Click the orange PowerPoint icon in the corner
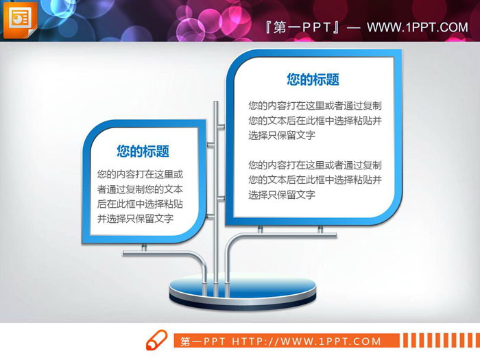[20, 21]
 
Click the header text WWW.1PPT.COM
[417, 27]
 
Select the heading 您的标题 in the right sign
[313, 80]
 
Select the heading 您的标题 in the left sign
[143, 152]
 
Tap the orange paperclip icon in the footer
[156, 340]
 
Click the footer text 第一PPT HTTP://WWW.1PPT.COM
[280, 341]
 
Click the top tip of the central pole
[216, 105]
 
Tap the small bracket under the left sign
[143, 246]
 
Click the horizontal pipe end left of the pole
[126, 254]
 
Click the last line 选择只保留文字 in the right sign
[282, 195]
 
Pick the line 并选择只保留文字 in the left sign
[135, 219]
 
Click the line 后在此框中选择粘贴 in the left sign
[140, 204]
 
